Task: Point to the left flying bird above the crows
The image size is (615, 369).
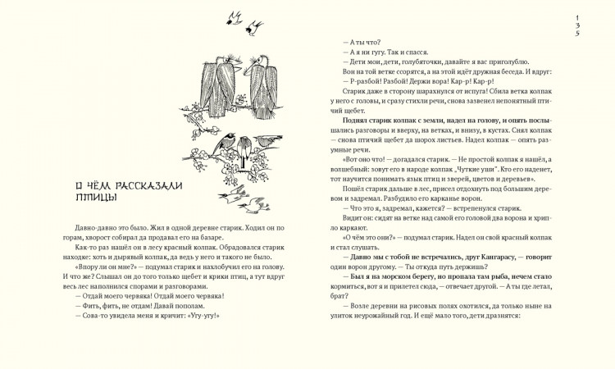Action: pos(235,16)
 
